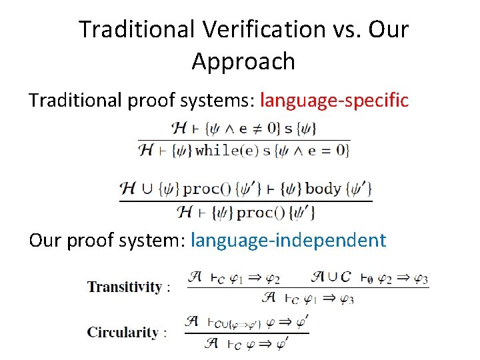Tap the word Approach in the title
(243, 61)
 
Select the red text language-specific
(334, 100)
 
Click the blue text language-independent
(288, 240)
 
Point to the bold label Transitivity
(125, 287)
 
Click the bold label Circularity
(123, 332)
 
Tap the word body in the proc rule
(323, 188)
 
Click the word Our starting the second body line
(45, 240)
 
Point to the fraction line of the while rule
(244, 139)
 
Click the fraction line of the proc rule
(245, 201)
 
